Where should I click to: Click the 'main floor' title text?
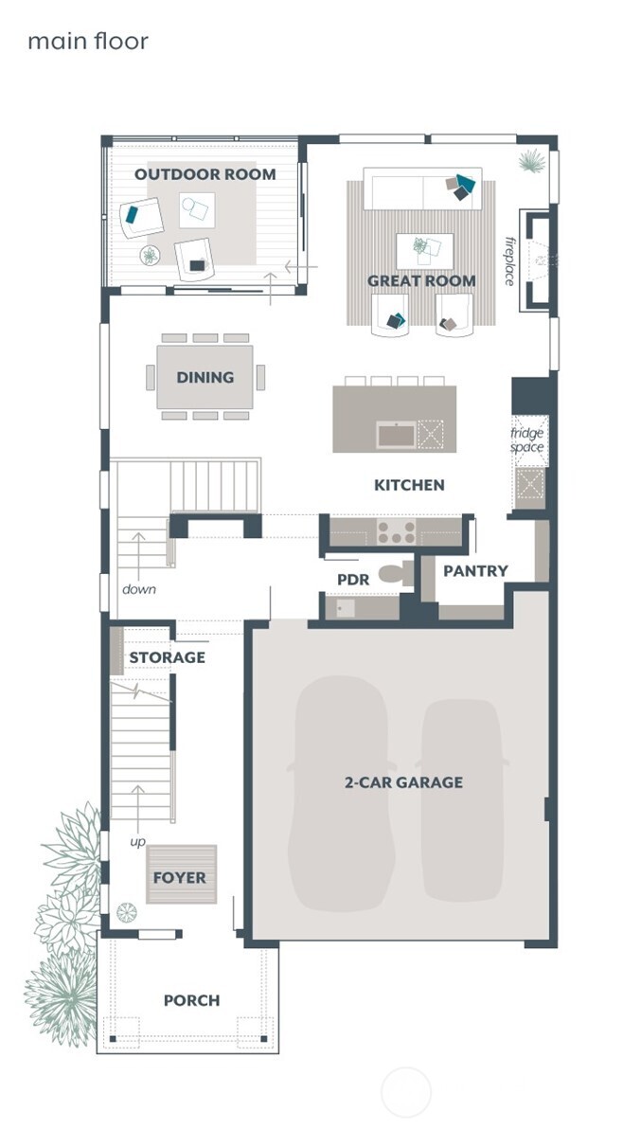87,42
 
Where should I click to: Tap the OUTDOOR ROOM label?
205,174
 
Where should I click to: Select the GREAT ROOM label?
421,280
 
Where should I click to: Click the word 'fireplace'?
508,260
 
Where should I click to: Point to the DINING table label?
205,377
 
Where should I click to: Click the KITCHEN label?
409,485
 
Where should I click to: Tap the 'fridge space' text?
527,439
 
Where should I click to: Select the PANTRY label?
475,571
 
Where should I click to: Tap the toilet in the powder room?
394,572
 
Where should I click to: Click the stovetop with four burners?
396,532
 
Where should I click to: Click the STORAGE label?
167,657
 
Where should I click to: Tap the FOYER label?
179,878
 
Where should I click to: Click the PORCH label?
191,1000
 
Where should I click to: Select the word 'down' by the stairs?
138,589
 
